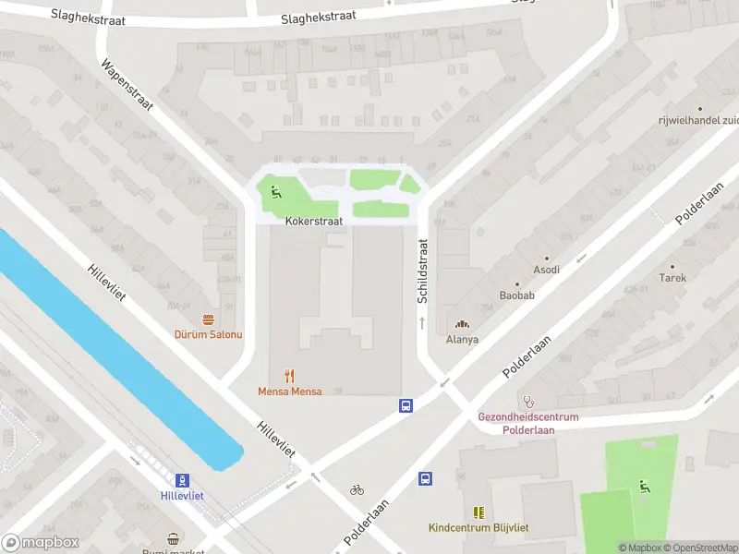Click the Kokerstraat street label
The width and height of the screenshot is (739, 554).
pos(314,222)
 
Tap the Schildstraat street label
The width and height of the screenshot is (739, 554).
pos(423,271)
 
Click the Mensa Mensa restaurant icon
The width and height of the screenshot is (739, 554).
pos(290,376)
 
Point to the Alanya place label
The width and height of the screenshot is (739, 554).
pos(462,339)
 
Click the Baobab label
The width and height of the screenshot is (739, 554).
pos(516,295)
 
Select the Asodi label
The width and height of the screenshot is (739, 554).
pos(546,270)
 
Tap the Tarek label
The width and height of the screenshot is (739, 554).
pos(672,277)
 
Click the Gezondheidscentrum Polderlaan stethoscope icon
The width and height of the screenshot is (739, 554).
pos(528,402)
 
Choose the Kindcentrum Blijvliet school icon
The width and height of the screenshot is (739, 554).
pos(479,512)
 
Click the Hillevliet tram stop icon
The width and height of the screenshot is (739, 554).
pos(183,480)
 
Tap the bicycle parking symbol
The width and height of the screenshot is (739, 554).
pos(357,489)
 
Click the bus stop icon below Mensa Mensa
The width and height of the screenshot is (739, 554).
pos(406,405)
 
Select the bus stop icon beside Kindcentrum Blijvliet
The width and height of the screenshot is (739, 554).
pos(426,478)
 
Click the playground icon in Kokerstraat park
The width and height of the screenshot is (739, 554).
pos(275,192)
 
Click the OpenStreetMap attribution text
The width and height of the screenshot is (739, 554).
pos(700,548)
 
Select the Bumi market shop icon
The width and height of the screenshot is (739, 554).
pos(173,538)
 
